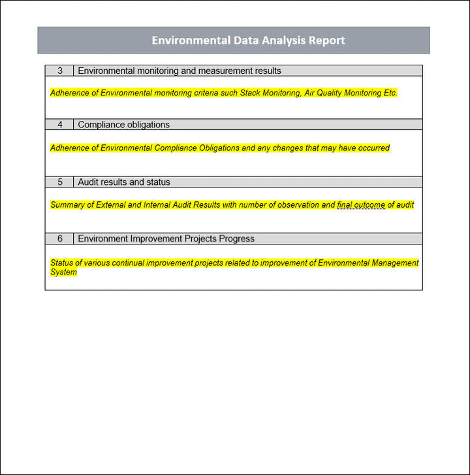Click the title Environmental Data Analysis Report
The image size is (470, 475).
click(248, 41)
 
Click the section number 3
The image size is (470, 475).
click(60, 71)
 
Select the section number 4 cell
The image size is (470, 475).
click(60, 125)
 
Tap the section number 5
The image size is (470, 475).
click(60, 182)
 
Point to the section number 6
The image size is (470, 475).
click(60, 239)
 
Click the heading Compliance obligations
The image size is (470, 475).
click(123, 125)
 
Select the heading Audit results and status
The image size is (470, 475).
click(124, 182)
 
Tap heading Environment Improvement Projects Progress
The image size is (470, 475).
click(166, 239)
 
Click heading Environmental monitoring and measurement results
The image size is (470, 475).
click(180, 71)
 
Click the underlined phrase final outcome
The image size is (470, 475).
click(361, 205)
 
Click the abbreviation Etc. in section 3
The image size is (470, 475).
click(390, 93)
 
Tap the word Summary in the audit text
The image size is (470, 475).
click(67, 205)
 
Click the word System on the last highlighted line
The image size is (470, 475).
click(63, 272)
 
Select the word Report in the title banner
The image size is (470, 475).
click(326, 41)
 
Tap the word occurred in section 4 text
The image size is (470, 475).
click(373, 148)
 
